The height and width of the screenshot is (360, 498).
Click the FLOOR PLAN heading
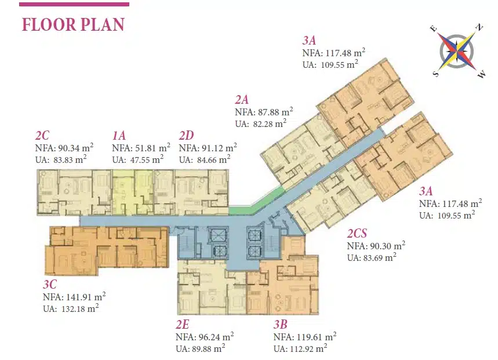coord(73,25)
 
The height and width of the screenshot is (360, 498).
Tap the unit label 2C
coord(42,136)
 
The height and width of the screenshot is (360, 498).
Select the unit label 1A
coord(119,136)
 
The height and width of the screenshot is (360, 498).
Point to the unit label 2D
coord(186,136)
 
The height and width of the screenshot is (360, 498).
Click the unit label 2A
coord(242,100)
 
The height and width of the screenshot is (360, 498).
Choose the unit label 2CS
coord(357,233)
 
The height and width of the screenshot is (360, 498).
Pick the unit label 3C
coord(50,284)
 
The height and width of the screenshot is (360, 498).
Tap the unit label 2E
coord(182,325)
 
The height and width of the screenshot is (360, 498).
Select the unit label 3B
coord(281,325)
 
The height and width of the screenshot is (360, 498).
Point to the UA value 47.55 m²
coord(147,159)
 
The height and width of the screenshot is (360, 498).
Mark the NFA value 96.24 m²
coord(216,336)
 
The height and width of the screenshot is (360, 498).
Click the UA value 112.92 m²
coord(308,348)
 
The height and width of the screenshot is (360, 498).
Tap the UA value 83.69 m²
coord(380,257)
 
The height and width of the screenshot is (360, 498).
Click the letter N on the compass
coord(479,28)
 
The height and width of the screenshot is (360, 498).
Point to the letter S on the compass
coord(436,74)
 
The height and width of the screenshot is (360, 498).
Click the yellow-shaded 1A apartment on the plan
coord(132,192)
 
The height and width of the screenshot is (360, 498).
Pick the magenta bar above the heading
coord(74,5)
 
